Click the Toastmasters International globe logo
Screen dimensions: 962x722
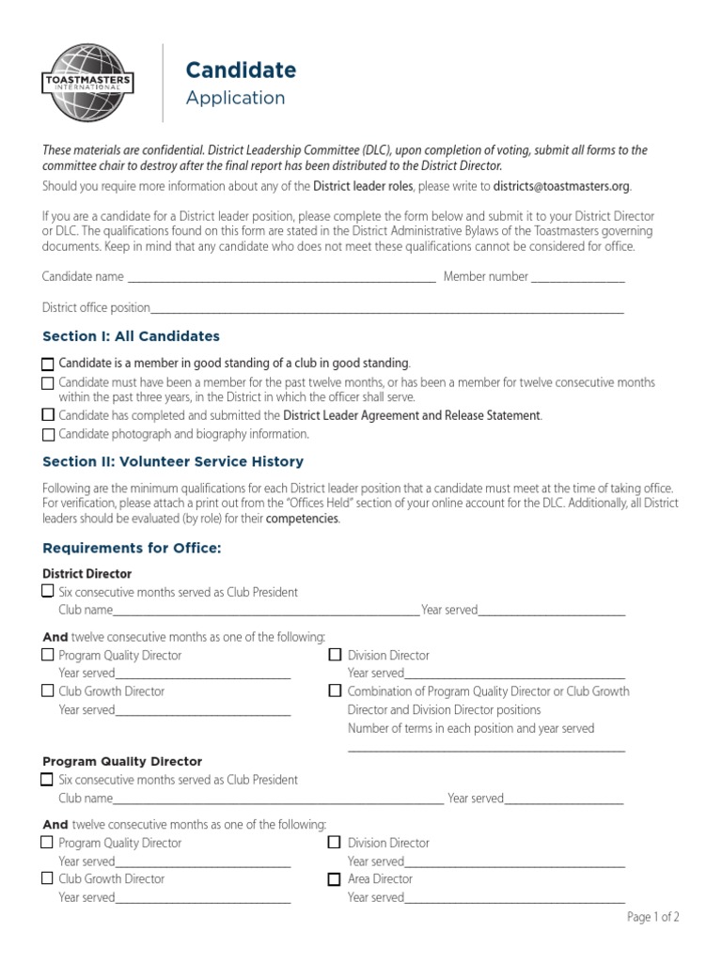coord(86,83)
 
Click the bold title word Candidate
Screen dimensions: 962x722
coord(241,70)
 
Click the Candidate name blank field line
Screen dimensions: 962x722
coord(281,279)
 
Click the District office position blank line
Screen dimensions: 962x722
coord(386,310)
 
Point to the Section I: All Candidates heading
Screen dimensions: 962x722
coord(131,336)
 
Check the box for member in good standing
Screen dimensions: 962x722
coord(48,364)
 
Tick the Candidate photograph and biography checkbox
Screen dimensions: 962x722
coord(48,435)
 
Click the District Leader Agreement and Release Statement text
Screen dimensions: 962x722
coord(412,415)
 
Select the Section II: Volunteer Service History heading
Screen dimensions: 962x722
coord(173,461)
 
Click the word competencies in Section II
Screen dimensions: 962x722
coord(302,519)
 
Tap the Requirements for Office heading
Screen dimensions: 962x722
coord(132,548)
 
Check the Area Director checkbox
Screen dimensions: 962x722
coord(334,879)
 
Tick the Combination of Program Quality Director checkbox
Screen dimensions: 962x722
coord(334,690)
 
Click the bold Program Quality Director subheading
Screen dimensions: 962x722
coord(122,761)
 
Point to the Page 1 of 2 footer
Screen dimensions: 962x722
coord(652,918)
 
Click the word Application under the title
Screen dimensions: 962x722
coord(235,98)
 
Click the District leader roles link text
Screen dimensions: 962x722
coord(363,186)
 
